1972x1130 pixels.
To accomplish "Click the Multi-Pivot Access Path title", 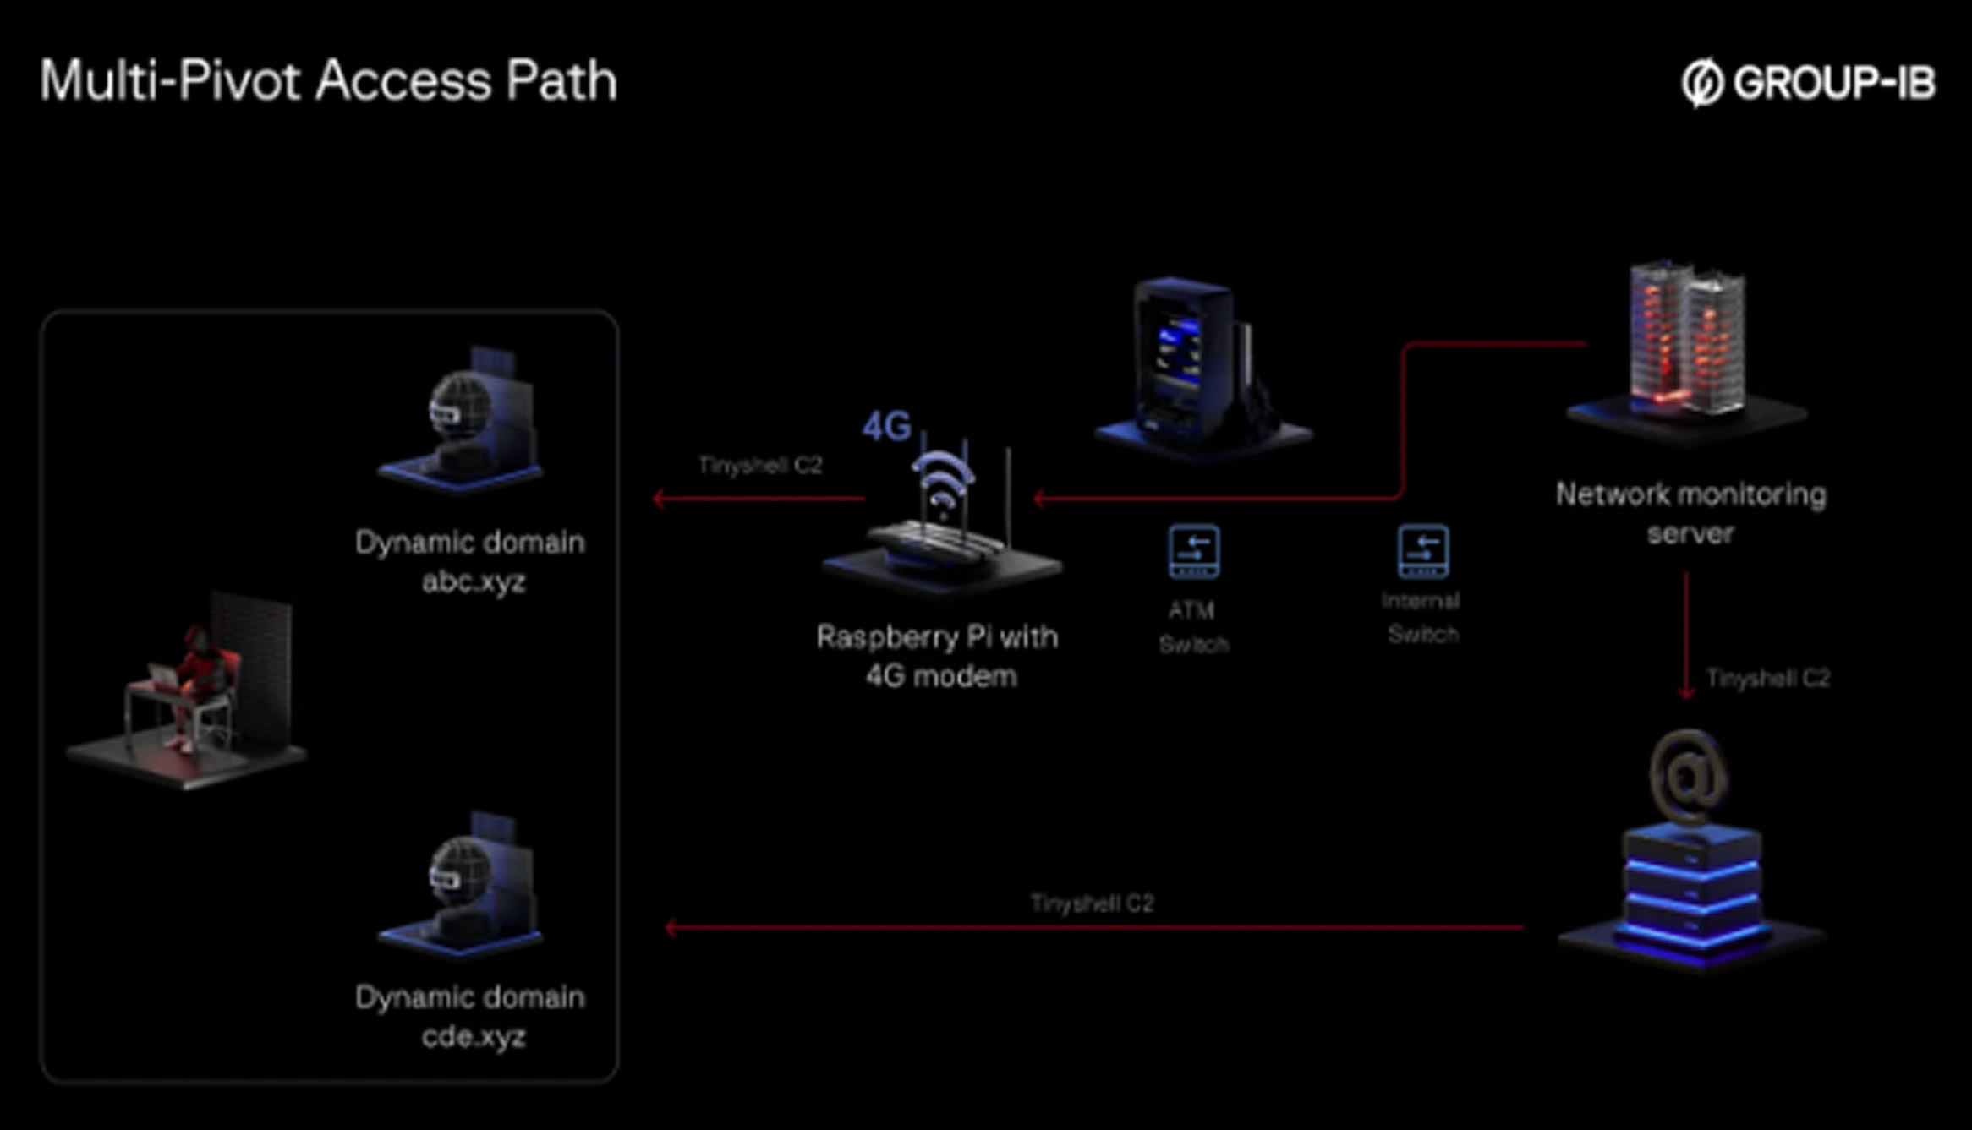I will pyautogui.click(x=328, y=81).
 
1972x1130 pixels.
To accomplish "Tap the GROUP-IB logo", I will pyautogui.click(x=1808, y=83).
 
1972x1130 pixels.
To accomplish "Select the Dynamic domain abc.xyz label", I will pyautogui.click(x=470, y=561).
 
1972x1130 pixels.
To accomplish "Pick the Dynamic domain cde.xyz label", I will pyautogui.click(x=470, y=1017).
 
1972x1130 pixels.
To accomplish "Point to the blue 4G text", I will pyautogui.click(x=886, y=426).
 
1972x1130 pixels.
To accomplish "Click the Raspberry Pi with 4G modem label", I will pyautogui.click(x=938, y=656).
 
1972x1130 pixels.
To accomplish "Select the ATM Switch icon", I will pyautogui.click(x=1193, y=552).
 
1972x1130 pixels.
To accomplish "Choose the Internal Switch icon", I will pyautogui.click(x=1423, y=552).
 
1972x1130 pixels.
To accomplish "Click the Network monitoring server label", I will pyautogui.click(x=1690, y=513).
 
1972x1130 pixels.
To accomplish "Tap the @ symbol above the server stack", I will pyautogui.click(x=1688, y=775).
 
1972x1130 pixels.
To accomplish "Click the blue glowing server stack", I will pyautogui.click(x=1691, y=896).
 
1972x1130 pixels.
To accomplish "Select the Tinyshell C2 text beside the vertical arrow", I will pyautogui.click(x=1767, y=678).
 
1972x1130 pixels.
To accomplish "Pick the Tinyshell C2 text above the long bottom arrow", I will pyautogui.click(x=1092, y=903).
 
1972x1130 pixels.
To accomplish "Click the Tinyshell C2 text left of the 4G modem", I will pyautogui.click(x=759, y=465).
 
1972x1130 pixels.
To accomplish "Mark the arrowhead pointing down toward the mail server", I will pyautogui.click(x=1686, y=692).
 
